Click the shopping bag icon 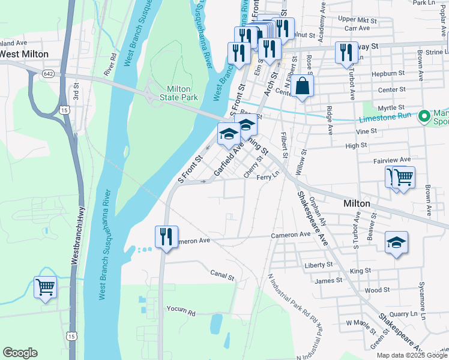tap(304, 86)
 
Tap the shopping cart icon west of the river tap(46, 288)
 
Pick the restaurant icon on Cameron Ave tap(166, 236)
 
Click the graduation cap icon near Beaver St tap(396, 242)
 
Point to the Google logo tap(20, 353)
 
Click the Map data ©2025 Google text tap(411, 355)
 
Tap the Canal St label tap(221, 277)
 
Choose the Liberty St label tap(319, 265)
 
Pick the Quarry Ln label tap(403, 313)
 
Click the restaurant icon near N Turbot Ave tap(346, 52)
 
